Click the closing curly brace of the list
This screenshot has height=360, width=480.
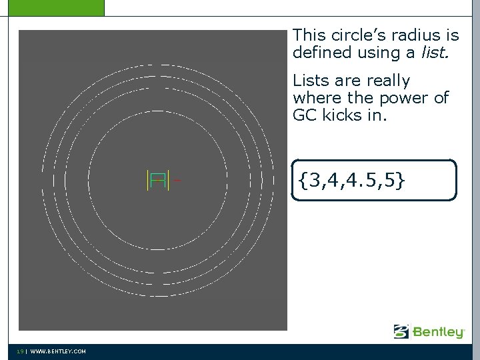point(399,180)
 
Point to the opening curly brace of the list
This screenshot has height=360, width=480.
point(303,180)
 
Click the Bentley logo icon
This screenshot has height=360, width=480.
point(401,331)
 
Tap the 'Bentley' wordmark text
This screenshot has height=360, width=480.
point(438,332)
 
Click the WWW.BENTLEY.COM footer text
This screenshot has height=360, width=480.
point(58,351)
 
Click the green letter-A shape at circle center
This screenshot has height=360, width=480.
point(158,180)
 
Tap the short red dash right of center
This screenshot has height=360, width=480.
point(177,179)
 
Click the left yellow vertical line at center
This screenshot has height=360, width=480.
point(147,180)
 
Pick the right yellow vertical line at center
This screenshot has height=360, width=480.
point(169,180)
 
